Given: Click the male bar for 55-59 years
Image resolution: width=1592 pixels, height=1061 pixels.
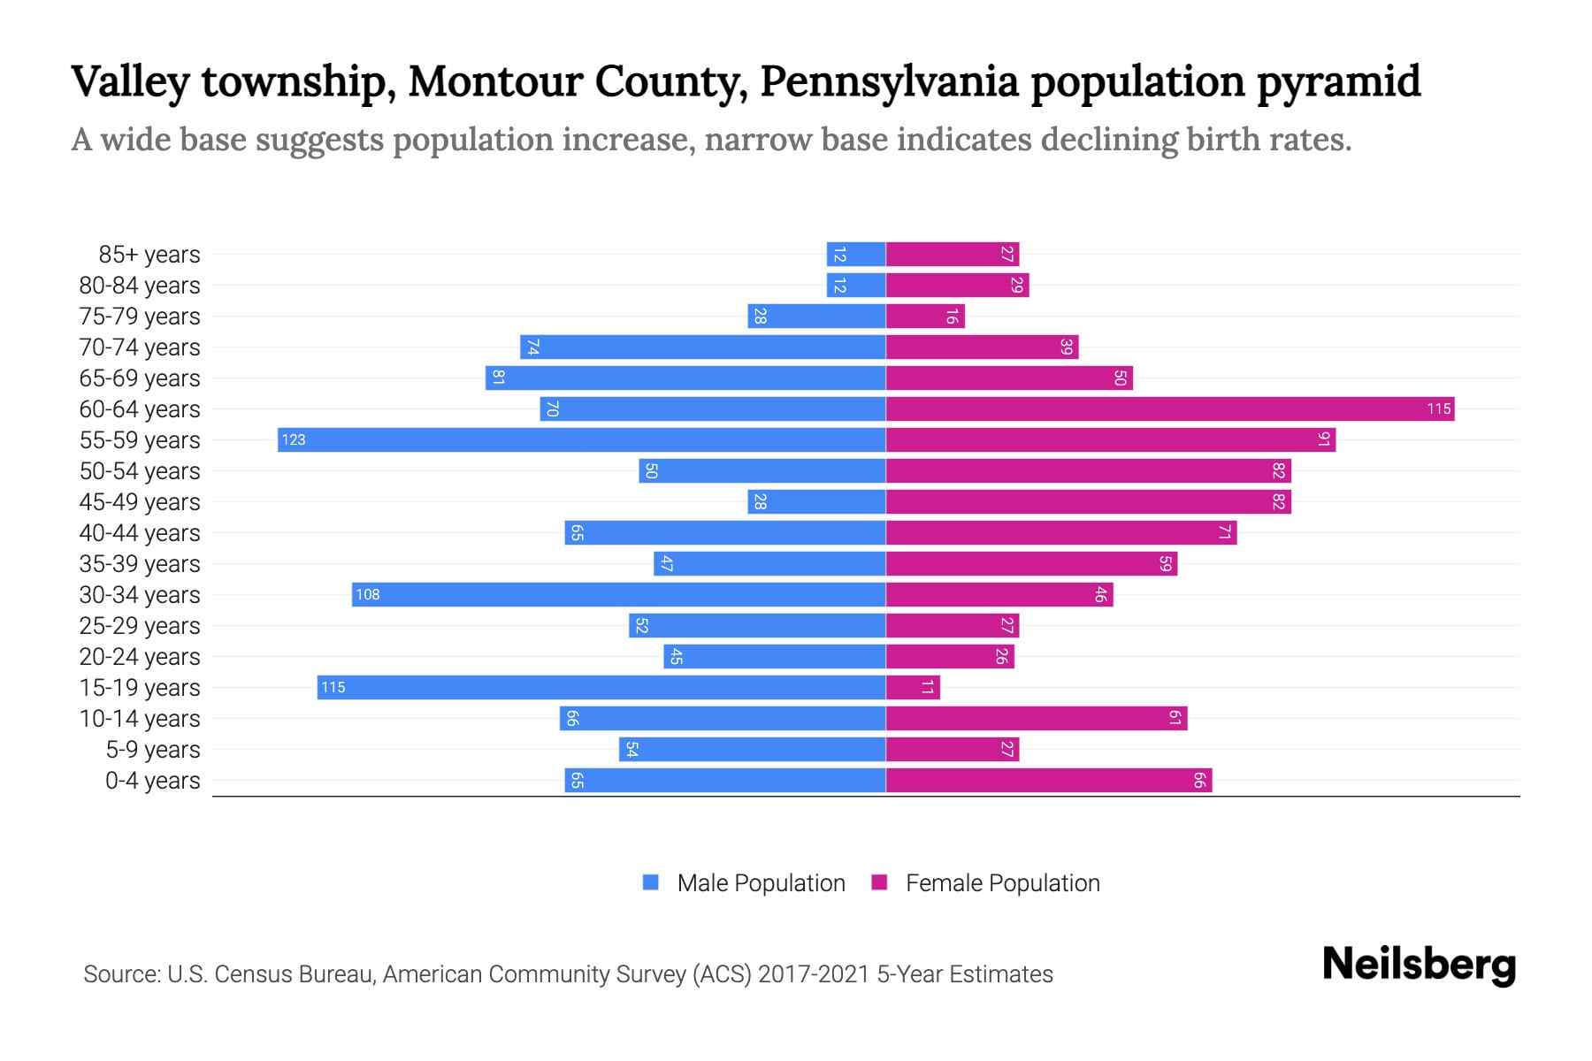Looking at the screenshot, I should [581, 439].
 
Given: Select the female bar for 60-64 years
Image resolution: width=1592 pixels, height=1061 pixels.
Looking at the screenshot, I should [1169, 408].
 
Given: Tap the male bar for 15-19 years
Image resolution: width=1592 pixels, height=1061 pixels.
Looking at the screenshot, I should [601, 687].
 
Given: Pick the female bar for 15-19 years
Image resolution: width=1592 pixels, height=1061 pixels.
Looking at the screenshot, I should [913, 687].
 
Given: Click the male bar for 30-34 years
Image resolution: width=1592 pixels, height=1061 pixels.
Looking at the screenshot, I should [618, 594].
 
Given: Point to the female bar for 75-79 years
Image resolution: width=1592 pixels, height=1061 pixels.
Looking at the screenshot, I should [925, 316].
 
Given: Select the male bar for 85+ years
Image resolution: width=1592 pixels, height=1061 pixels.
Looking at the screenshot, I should [856, 254].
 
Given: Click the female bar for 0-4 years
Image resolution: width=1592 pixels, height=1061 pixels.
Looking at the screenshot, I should [1048, 780].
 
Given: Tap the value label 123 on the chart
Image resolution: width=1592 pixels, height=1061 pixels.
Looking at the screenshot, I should [294, 439].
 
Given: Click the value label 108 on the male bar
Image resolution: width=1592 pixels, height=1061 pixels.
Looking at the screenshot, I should [368, 594].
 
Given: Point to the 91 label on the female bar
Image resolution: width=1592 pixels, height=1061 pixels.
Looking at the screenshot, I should [1323, 439].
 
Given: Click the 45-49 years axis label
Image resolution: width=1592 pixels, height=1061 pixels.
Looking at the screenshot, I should [140, 501].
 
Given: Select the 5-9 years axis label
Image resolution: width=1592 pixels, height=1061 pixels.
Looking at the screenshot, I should [153, 749].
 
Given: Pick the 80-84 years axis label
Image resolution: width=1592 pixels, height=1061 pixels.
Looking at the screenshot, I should [140, 285].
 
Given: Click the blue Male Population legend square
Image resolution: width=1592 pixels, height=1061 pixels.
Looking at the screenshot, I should [651, 882].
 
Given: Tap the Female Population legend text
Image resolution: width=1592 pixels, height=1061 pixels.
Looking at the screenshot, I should [1002, 882].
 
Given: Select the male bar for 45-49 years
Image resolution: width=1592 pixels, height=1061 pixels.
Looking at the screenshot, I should [816, 501].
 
